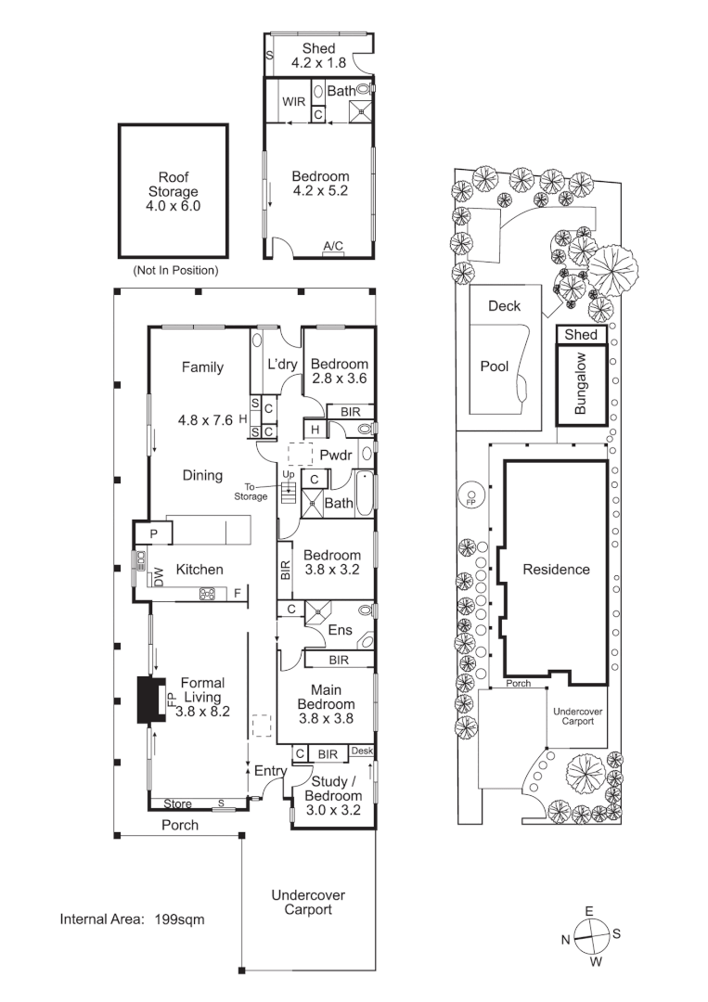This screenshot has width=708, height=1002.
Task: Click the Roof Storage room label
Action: [x=174, y=191]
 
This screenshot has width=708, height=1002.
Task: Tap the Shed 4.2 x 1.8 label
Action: [x=319, y=56]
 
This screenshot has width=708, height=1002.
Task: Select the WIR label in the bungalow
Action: [x=294, y=102]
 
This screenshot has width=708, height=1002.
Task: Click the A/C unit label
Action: [x=333, y=246]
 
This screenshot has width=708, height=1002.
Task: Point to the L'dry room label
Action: [x=282, y=365]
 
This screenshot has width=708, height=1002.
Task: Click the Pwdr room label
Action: [x=336, y=456]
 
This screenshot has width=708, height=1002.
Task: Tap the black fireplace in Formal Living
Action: [x=151, y=700]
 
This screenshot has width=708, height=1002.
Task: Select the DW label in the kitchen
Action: [x=159, y=577]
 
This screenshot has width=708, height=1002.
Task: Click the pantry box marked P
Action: [x=153, y=533]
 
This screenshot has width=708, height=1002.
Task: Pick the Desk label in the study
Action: [x=362, y=751]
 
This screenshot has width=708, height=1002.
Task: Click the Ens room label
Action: [x=340, y=630]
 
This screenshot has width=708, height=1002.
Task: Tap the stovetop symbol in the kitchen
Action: [x=208, y=595]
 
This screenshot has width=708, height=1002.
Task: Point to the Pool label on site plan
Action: [x=495, y=366]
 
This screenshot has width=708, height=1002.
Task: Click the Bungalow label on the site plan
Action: [x=580, y=384]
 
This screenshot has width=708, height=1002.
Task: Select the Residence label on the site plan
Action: [x=557, y=570]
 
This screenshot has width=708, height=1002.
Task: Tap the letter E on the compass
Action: [x=589, y=912]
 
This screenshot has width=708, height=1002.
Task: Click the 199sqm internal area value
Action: [x=180, y=919]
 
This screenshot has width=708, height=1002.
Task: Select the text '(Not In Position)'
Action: [x=175, y=271]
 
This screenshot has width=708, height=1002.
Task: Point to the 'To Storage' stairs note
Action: [x=251, y=492]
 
